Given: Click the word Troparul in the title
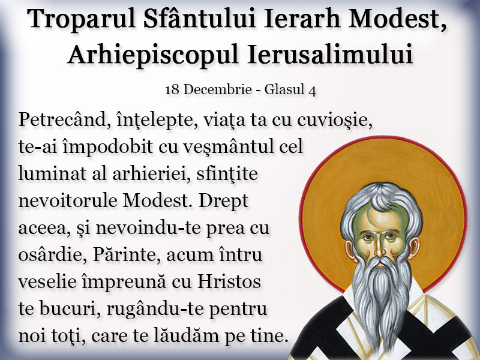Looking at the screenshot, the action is (82, 19).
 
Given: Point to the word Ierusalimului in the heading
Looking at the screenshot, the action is (330, 54).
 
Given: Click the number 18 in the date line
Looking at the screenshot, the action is (172, 89).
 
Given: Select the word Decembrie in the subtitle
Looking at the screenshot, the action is (217, 89).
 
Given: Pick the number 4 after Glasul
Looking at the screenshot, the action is (313, 90).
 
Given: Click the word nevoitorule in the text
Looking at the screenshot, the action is (68, 201).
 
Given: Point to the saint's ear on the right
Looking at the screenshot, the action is (414, 247).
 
